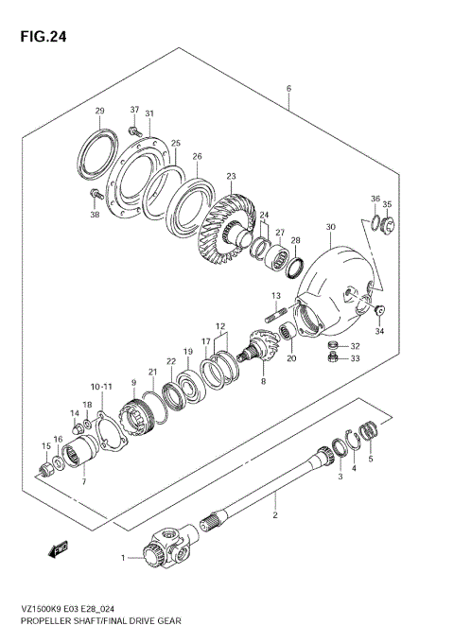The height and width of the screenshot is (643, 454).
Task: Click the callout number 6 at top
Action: pos(288,90)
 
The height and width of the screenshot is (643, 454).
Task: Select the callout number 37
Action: pos(134,110)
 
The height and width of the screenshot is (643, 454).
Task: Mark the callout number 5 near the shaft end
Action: pos(372,459)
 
